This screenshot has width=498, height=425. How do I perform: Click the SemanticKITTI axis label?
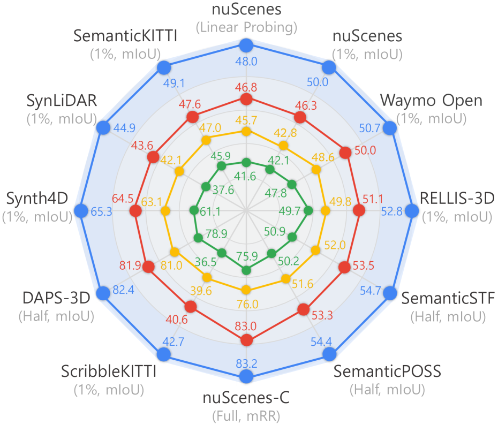(127, 36)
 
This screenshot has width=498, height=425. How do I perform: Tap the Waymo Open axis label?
(431, 100)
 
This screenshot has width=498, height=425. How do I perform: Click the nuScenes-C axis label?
(246, 399)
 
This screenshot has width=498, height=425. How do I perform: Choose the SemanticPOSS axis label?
(387, 371)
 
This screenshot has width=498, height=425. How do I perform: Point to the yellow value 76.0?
(246, 304)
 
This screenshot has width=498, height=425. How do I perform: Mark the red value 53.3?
(321, 315)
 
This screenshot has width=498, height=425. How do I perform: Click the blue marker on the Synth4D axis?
(81, 211)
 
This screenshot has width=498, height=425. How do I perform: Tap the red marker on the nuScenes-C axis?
(246, 340)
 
